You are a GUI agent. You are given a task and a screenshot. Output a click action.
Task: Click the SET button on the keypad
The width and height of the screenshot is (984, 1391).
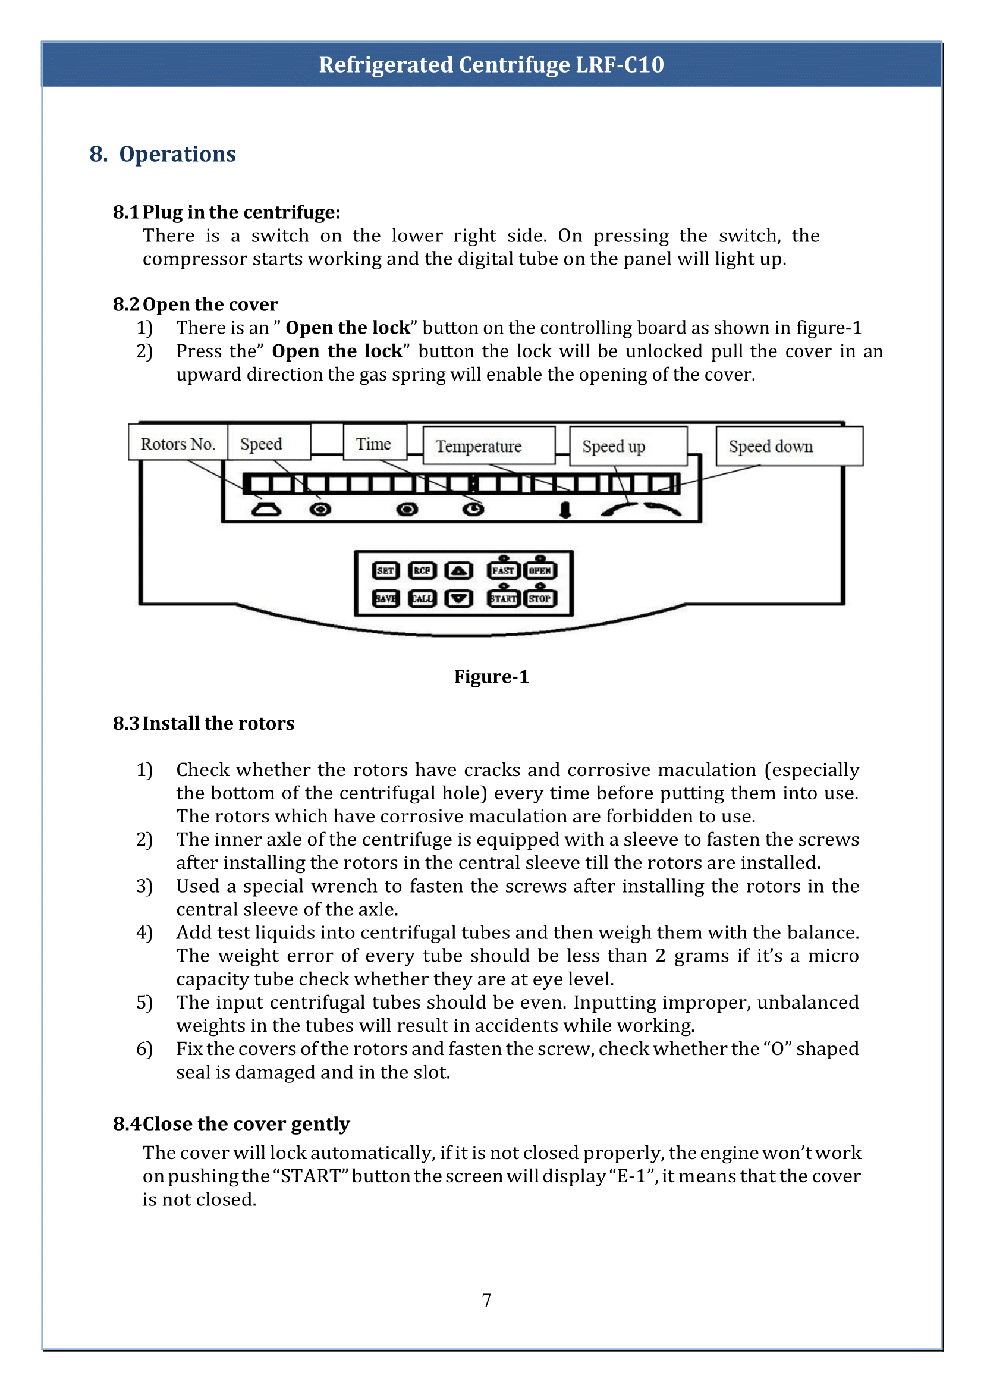pos(385,570)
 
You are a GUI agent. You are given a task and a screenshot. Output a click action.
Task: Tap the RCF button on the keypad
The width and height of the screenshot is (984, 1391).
pos(422,570)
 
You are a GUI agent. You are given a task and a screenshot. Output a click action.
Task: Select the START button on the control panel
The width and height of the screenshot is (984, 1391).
pos(503,598)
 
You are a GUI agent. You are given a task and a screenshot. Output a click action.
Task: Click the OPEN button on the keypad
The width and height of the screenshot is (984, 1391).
pos(540,570)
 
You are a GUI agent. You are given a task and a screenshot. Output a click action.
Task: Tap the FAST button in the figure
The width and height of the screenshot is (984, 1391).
pos(503,570)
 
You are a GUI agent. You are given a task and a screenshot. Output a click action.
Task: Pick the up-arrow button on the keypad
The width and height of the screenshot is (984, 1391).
pos(458,570)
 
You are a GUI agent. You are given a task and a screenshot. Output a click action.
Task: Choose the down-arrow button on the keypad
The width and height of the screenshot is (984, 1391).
pos(458,598)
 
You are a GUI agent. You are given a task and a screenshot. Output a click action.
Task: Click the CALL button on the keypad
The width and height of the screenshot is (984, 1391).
pos(422,598)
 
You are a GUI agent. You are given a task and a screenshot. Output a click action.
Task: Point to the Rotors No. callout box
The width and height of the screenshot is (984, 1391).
pos(178,444)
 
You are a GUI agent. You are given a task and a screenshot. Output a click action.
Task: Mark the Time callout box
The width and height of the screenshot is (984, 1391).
pos(375,444)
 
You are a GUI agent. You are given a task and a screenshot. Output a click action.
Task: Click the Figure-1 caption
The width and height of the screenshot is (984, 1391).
pos(491,676)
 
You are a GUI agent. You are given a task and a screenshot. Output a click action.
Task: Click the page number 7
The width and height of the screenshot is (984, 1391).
pos(486,1300)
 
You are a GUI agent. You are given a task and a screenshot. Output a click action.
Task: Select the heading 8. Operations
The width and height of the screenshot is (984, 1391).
pos(162,154)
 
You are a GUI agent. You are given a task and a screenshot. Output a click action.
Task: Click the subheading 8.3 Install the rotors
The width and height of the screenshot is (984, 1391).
pos(203,723)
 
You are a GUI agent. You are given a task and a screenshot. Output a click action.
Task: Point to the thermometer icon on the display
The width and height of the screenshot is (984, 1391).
pos(565,509)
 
